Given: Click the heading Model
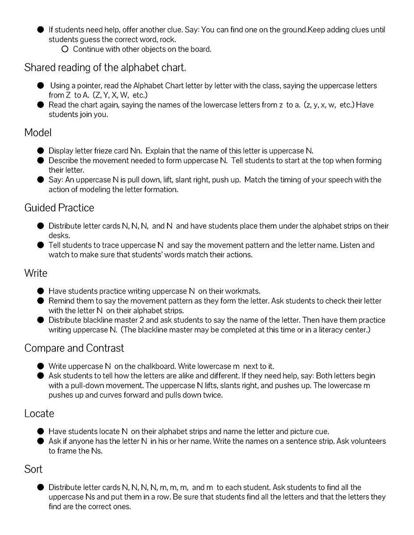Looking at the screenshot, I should pos(38,133).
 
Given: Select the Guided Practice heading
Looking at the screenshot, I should pos(59,208).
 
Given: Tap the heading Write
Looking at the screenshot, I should pos(35,273).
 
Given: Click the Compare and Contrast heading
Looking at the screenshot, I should pos(74,348).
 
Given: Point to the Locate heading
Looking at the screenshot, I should pos(39,414).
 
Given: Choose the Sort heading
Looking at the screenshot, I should pos(33,469).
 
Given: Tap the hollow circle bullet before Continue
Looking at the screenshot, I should pos(65,49).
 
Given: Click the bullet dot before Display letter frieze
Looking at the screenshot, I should pos(41,151).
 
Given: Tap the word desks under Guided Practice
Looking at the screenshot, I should pos(59,236).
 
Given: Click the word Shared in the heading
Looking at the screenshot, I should pos(39,68).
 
